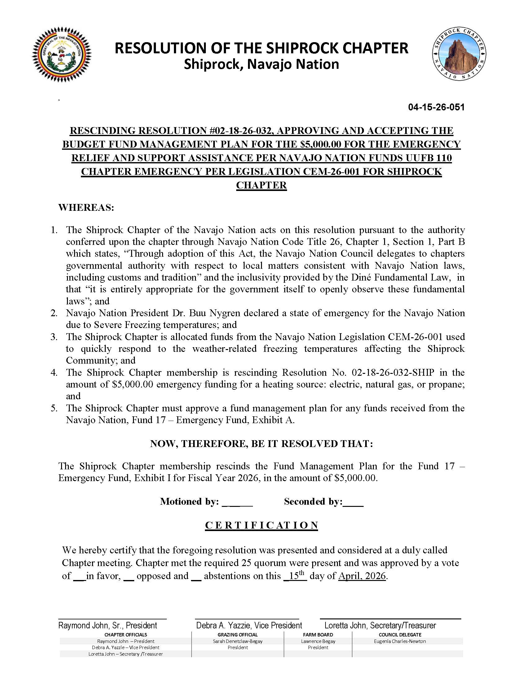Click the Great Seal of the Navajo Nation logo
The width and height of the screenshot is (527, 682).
point(61,55)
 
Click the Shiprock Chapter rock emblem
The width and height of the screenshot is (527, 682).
point(459,54)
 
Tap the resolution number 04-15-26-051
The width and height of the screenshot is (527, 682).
point(436,108)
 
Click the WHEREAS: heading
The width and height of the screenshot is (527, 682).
point(86,208)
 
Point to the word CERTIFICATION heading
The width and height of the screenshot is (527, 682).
point(262,525)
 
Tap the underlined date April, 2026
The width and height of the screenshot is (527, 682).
point(362,576)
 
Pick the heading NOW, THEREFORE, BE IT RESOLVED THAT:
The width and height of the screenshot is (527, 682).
point(261,444)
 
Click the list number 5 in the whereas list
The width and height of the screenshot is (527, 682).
point(54,409)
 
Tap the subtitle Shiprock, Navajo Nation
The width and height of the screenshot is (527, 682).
point(261,64)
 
